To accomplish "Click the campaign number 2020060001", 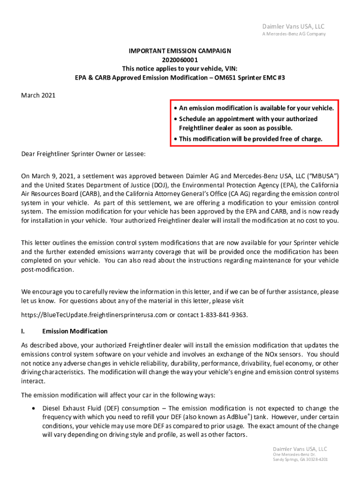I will click(x=180, y=59).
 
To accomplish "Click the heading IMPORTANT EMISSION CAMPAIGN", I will click(x=180, y=51).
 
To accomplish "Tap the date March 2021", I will click(x=38, y=95).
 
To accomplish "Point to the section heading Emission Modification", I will click(x=75, y=331).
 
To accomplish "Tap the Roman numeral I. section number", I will click(x=23, y=331).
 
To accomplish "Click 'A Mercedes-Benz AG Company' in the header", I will click(x=294, y=34).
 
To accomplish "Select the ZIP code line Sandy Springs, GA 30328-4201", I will click(x=300, y=459).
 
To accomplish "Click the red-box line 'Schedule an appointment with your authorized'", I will click(x=248, y=119).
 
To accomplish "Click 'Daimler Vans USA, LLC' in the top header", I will click(x=293, y=26).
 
